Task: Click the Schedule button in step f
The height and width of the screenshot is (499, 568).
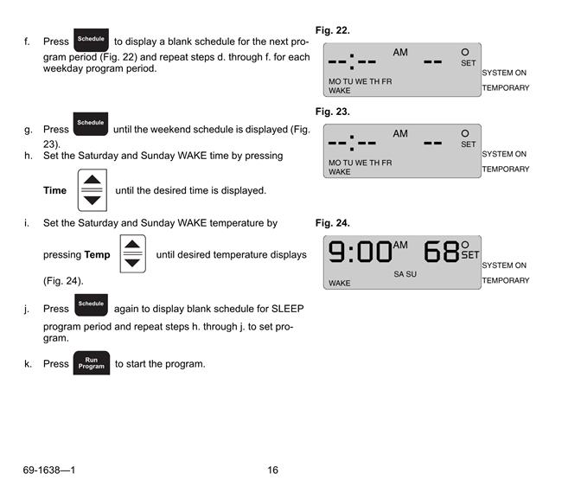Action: [91, 40]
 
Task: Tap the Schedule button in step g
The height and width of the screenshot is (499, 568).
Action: [91, 124]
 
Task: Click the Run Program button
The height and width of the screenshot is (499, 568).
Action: [92, 362]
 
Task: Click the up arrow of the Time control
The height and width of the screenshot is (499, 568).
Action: [93, 179]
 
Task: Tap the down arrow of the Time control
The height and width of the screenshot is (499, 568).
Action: [93, 201]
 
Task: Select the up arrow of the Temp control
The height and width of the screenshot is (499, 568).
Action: [132, 244]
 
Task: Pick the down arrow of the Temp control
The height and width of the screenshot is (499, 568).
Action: [132, 263]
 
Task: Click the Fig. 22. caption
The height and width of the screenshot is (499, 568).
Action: [333, 30]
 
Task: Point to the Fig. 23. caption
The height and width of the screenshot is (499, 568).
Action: [333, 112]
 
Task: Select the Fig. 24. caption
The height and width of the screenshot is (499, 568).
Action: [333, 223]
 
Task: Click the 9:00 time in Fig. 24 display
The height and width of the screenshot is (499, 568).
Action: [360, 252]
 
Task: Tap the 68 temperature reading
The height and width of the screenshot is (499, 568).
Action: [441, 252]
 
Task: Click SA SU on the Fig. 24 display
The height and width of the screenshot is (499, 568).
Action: [405, 274]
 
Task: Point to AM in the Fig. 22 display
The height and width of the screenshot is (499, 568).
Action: [400, 53]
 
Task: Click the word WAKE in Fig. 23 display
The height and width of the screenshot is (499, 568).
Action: [340, 172]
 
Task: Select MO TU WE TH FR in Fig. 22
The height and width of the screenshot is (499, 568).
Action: [360, 81]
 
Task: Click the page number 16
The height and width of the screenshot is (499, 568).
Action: [273, 470]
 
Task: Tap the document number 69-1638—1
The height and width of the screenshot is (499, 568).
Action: [49, 470]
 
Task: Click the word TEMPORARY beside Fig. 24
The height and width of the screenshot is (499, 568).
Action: [506, 280]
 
